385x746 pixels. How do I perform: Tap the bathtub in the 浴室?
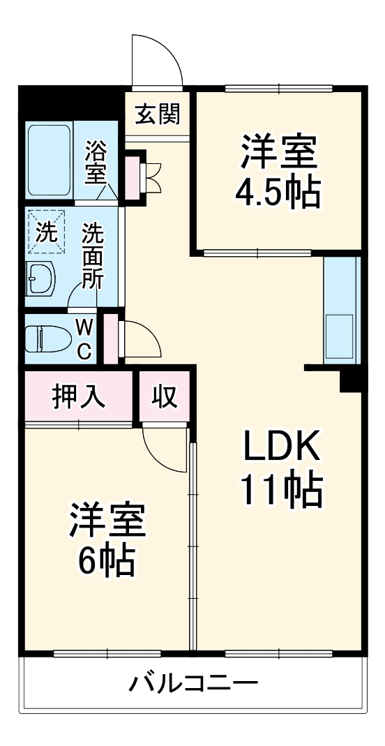coord(48,161)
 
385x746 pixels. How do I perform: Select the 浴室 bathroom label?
coord(95,163)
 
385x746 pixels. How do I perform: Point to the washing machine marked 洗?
coord(46,232)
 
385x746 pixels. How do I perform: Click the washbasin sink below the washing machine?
coord(42,280)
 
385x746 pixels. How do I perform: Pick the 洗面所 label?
coord(92,255)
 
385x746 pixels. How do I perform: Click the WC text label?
coord(83,338)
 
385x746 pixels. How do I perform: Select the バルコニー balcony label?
coord(192,682)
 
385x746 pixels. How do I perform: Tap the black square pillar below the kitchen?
coord(349,381)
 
